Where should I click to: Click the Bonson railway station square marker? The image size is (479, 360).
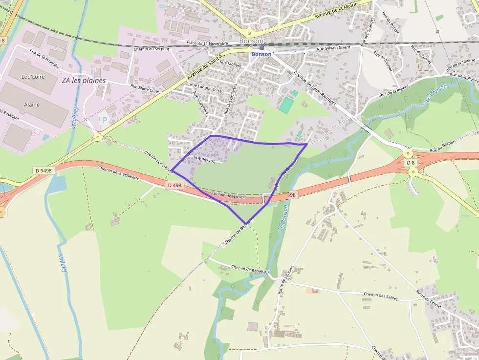[x=261, y=47]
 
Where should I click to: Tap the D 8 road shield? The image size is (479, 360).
[x=410, y=163]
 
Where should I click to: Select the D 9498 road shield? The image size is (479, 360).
[x=43, y=170]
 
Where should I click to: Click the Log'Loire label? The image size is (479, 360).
[x=33, y=77]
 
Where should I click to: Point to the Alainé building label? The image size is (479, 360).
[x=32, y=105]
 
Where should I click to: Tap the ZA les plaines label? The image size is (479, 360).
[x=84, y=81]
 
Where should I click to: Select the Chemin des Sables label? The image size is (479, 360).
[x=381, y=296]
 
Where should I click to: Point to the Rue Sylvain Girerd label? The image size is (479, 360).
[x=333, y=48]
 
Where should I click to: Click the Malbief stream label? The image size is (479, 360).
[x=62, y=263]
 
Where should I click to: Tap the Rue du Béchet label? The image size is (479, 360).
[x=443, y=149]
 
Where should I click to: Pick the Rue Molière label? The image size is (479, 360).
[x=231, y=64]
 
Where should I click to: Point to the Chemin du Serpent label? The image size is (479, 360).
[x=152, y=49]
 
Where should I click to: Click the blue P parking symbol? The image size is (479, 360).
[x=103, y=119]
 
